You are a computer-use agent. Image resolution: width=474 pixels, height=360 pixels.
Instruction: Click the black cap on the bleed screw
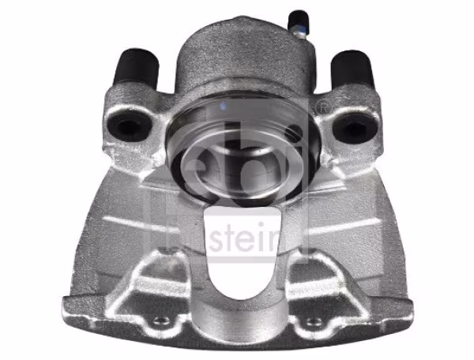tap(299, 18)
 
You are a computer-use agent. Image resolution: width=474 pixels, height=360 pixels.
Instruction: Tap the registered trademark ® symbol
tap(321, 106)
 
